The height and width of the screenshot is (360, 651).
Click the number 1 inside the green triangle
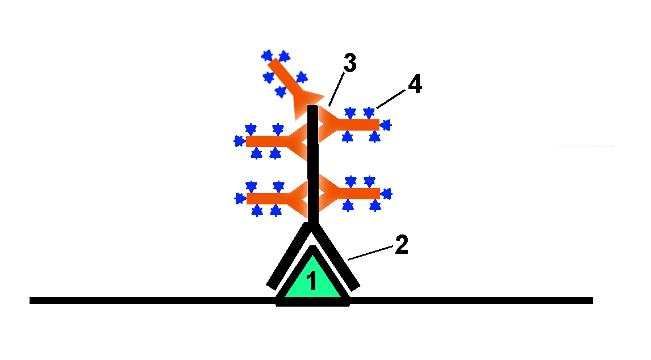click(x=311, y=282)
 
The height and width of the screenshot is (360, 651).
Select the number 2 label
click(x=401, y=245)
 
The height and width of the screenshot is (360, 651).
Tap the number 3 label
click(x=349, y=64)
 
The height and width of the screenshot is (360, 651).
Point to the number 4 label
click(x=414, y=85)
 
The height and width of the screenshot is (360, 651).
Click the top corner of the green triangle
click(x=312, y=250)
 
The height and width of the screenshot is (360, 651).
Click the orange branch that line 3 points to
click(x=355, y=124)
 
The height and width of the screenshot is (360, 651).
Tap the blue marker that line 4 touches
click(x=369, y=112)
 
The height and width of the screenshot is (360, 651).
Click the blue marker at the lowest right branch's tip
click(x=386, y=194)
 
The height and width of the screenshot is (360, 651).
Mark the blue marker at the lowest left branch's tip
click(x=239, y=199)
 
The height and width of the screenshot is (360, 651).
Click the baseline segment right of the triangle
click(x=471, y=300)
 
